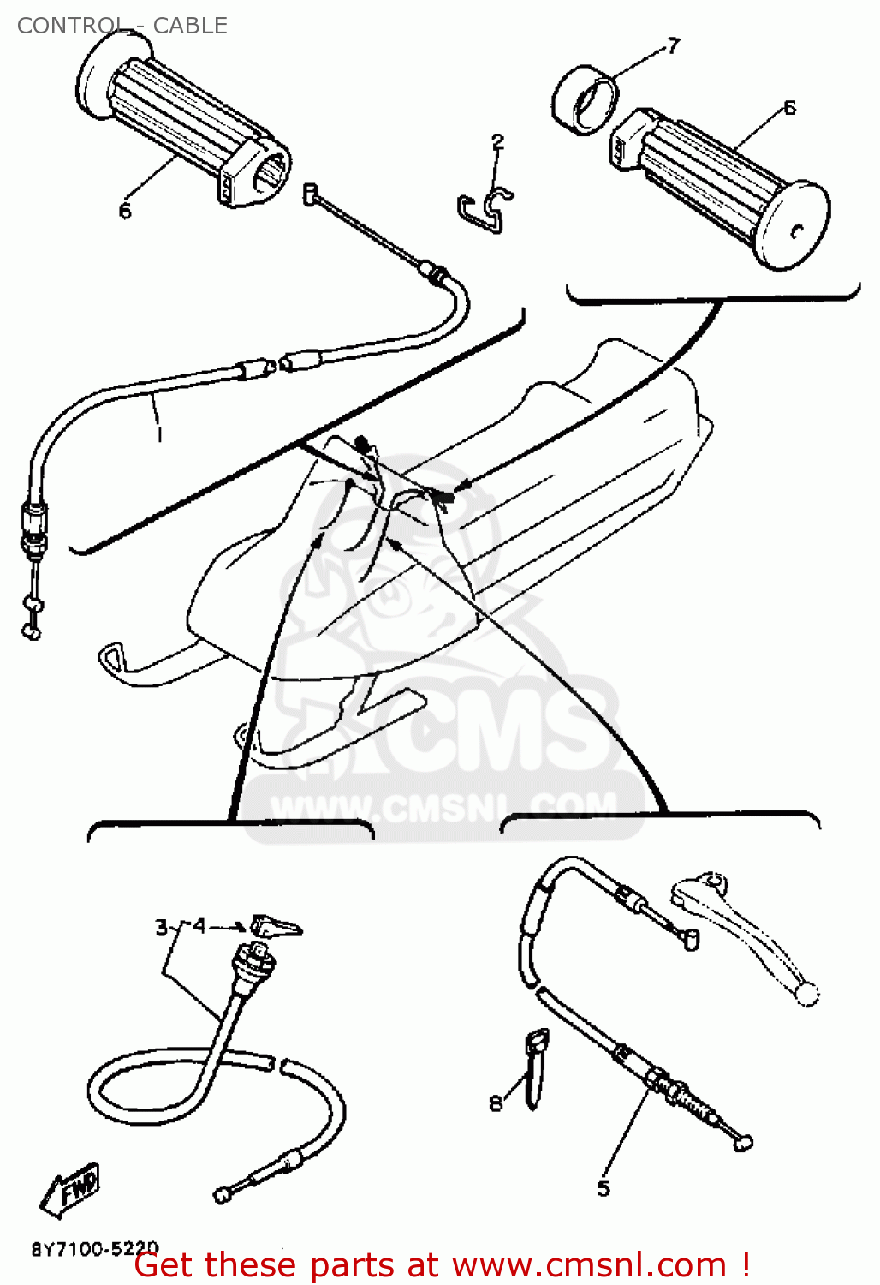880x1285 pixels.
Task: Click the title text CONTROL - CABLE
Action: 122,26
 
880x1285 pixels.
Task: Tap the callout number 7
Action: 673,46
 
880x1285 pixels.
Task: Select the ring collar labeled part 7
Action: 586,99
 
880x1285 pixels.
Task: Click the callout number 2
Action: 497,142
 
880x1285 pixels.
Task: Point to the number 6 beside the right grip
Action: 789,108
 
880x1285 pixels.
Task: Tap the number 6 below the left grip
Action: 125,211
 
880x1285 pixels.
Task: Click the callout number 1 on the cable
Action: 159,434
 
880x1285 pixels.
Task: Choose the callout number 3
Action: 161,928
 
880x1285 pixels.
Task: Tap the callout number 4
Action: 199,926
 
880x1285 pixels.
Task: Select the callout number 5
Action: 604,1188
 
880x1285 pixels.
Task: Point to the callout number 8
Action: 496,1103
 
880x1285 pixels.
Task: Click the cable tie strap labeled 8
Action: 535,1067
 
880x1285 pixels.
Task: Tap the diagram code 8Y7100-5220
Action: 95,1249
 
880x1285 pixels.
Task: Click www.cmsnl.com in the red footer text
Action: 590,1265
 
